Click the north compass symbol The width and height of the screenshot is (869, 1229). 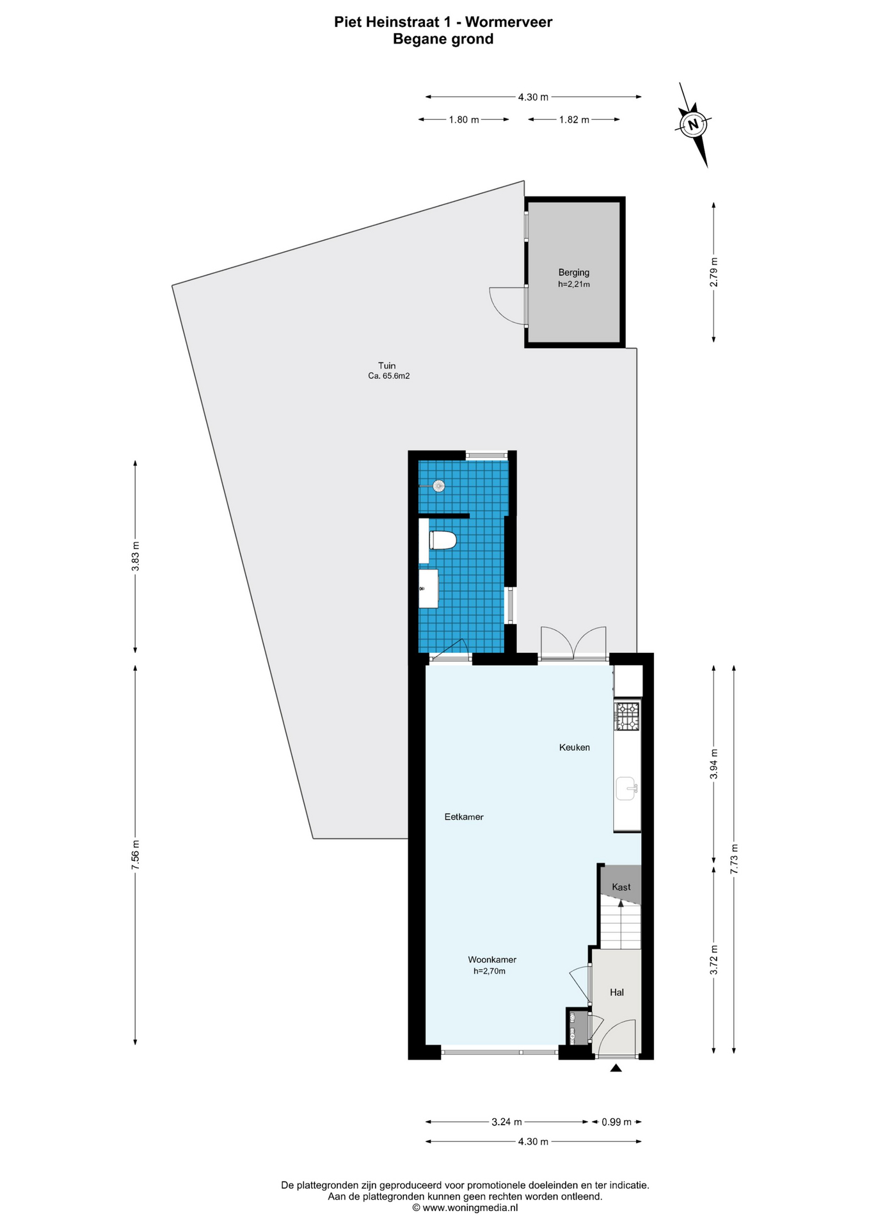693,124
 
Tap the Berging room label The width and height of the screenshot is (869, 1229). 573,272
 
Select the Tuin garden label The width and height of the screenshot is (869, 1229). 387,366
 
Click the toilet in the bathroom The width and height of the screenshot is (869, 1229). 442,540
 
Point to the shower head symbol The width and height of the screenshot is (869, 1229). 438,486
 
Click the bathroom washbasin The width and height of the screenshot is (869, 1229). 428,588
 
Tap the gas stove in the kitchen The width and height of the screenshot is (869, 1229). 627,716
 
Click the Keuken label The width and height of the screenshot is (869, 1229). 575,747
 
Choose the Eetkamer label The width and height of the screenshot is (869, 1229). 464,817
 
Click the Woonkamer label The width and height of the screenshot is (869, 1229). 492,960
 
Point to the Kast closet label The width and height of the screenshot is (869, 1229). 621,887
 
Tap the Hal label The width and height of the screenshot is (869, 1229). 617,992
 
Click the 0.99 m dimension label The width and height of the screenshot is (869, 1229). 617,1121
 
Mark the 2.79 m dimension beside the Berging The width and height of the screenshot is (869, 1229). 714,271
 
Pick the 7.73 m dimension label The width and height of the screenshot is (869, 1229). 734,859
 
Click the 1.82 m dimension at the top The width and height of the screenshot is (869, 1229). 574,120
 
